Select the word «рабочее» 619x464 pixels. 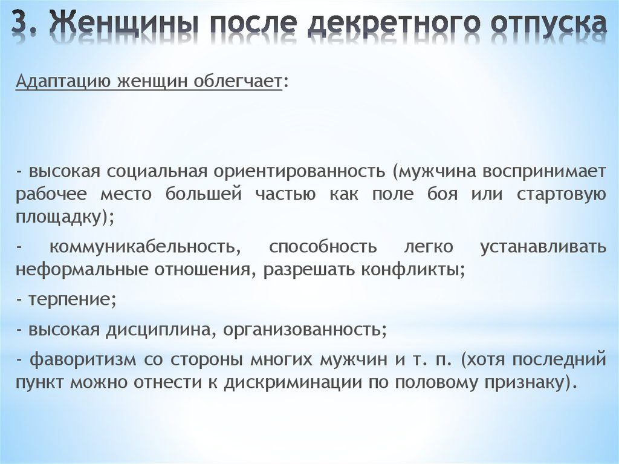click(x=51, y=195)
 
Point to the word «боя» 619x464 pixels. click(x=442, y=194)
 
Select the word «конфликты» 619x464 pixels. click(x=410, y=270)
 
